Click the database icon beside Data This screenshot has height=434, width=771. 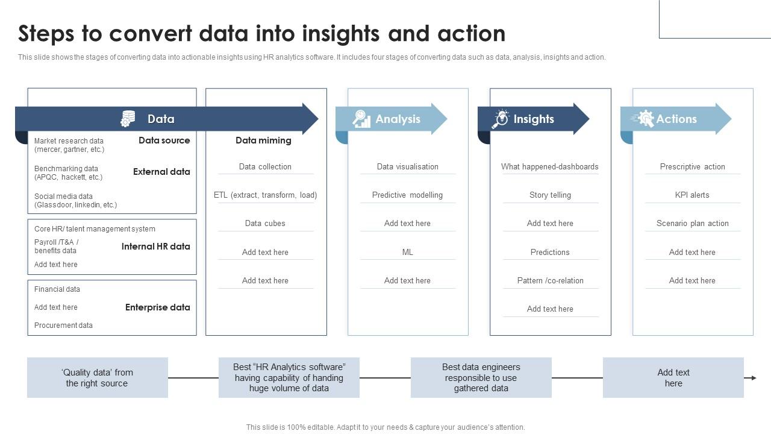click(x=128, y=119)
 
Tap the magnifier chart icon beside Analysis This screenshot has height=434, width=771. click(x=361, y=119)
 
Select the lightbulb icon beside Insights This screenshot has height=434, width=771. click(x=501, y=119)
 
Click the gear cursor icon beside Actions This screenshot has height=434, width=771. click(x=643, y=119)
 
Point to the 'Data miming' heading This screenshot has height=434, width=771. click(x=263, y=140)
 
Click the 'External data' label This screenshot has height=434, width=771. click(x=161, y=172)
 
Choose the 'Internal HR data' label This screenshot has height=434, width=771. click(x=155, y=247)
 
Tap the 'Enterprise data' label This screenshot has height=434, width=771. click(x=158, y=307)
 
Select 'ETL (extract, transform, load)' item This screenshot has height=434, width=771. click(x=266, y=195)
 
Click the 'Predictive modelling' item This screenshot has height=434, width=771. click(x=408, y=195)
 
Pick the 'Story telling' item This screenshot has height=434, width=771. click(x=550, y=195)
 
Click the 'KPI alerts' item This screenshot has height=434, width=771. click(x=692, y=195)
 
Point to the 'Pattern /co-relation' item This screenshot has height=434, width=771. click(x=550, y=281)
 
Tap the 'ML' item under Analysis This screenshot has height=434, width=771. click(x=408, y=252)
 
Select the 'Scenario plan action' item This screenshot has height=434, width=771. click(x=693, y=223)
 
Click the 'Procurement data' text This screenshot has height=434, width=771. click(x=63, y=325)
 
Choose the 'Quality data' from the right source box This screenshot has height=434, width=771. click(x=98, y=377)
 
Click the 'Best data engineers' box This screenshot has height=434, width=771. click(x=481, y=377)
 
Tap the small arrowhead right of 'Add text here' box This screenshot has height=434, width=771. click(x=754, y=378)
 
